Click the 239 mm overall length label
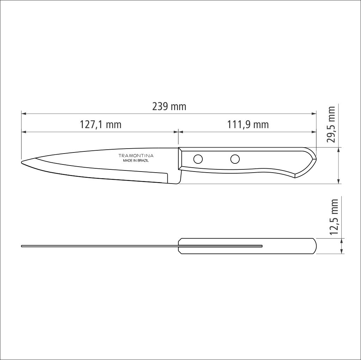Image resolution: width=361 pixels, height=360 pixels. [169, 106]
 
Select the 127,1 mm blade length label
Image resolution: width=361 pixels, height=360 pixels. [100, 125]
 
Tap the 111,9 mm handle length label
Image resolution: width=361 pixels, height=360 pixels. [248, 125]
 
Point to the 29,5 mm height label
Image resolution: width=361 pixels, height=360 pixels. [331, 124]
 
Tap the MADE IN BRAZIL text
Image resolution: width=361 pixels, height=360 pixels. [136, 161]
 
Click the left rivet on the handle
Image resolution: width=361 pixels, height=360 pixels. [198, 159]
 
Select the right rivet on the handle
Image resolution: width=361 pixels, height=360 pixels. [235, 159]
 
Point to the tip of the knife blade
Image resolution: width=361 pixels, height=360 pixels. [22, 162]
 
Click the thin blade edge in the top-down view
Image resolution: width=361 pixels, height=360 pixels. [99, 246]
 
